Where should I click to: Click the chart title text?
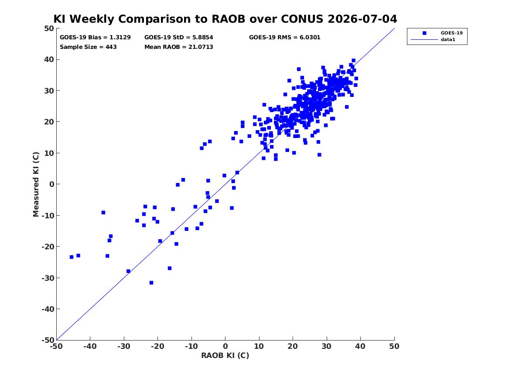tap(225, 19)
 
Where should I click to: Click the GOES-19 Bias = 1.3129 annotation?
tap(95, 38)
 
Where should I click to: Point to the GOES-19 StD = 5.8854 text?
tap(179, 38)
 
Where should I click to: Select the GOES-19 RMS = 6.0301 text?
tap(285, 38)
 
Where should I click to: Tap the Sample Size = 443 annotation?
tap(88, 47)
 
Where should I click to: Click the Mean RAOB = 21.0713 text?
tap(179, 47)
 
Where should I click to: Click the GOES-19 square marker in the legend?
tap(424, 33)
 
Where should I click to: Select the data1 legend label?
tap(448, 40)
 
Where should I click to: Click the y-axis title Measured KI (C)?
tap(36, 184)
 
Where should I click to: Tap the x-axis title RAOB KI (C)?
tap(225, 355)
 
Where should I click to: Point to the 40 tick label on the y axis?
tap(49, 59)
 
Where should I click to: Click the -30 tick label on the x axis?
tap(124, 346)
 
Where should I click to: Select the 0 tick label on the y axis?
tap(52, 184)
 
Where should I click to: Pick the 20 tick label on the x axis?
tap(293, 346)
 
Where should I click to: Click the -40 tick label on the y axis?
tap(48, 309)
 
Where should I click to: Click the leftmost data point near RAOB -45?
tap(72, 257)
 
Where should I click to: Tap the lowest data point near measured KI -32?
tap(151, 282)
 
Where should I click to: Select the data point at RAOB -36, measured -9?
tap(103, 213)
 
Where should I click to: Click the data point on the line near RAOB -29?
tap(128, 271)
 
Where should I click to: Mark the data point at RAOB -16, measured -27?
tap(170, 268)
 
